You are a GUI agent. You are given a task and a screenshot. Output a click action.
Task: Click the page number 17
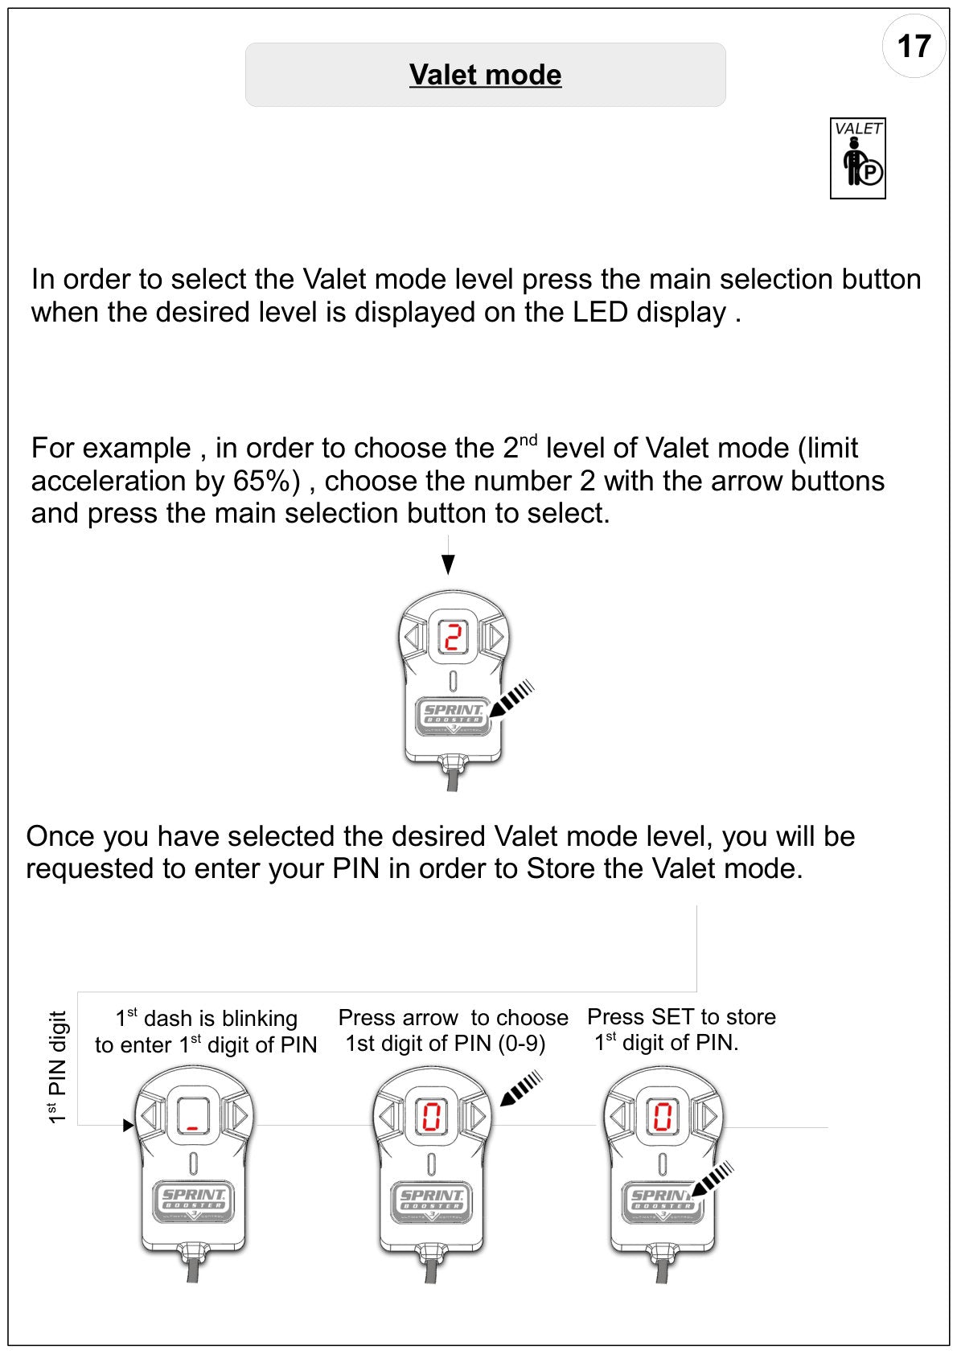(914, 47)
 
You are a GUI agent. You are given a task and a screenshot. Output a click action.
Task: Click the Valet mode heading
(485, 75)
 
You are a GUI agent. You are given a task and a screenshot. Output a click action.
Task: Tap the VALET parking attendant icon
(857, 158)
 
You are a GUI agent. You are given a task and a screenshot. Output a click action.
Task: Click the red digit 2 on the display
(453, 637)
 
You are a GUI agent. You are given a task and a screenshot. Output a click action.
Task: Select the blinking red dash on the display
(193, 1128)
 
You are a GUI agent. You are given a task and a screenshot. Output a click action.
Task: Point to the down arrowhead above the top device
(448, 564)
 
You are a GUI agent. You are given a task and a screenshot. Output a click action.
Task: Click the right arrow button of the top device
(495, 637)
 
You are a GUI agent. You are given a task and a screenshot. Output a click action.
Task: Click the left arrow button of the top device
(413, 637)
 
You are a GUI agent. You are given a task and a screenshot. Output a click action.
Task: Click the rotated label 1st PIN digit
(57, 1068)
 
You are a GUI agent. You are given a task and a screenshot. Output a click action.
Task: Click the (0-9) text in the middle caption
(522, 1044)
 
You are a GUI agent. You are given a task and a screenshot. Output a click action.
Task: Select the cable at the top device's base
(453, 778)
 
